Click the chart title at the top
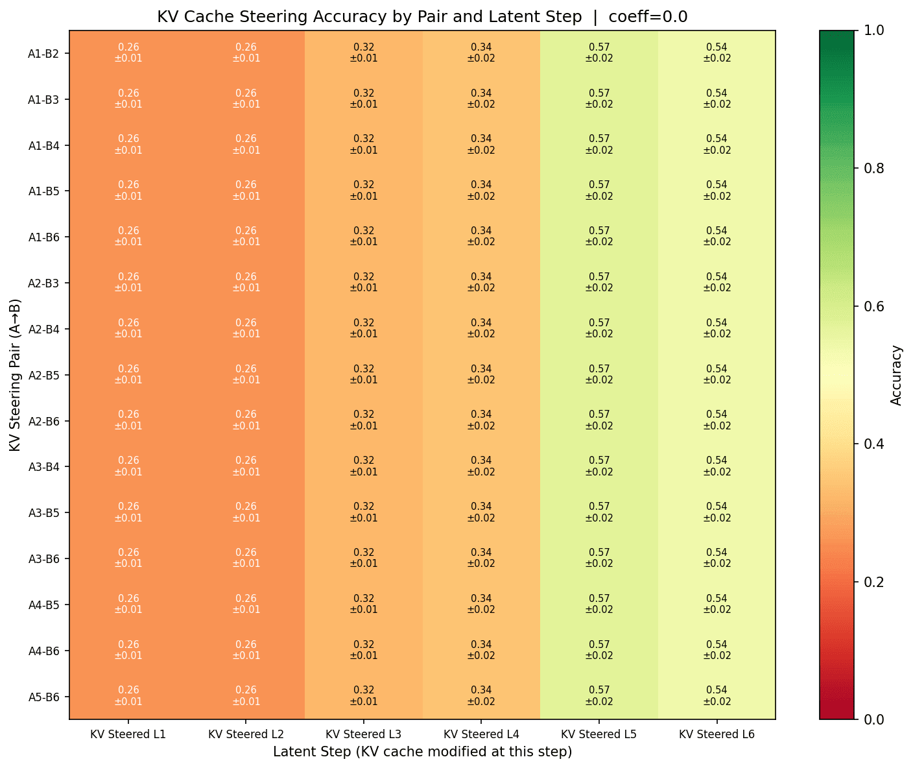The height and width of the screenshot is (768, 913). tap(422, 17)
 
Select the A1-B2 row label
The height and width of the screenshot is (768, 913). tap(44, 54)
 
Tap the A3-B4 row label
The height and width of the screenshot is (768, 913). tap(44, 467)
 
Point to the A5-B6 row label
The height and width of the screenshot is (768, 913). tap(44, 697)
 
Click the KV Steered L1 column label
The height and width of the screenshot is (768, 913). tap(128, 734)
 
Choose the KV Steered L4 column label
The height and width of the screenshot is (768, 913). tap(481, 734)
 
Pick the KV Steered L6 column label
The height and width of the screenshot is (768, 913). tap(717, 734)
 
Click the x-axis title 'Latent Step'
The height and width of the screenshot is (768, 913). tap(422, 752)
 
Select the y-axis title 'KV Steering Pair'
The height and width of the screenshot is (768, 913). tap(16, 375)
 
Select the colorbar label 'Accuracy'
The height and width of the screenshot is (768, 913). tap(897, 375)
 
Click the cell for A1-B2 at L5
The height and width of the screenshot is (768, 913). tap(599, 53)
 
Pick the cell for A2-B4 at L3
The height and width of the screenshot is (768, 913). tap(364, 328)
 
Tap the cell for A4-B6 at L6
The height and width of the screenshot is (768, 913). tap(717, 650)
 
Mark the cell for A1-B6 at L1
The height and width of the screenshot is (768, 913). tap(128, 236)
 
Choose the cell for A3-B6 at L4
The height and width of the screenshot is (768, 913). tap(481, 558)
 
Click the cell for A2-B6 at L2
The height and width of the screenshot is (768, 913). tap(246, 420)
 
